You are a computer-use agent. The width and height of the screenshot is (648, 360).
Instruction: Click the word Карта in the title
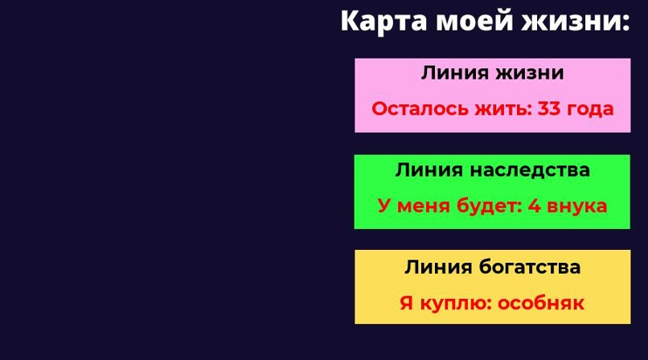[x=383, y=22]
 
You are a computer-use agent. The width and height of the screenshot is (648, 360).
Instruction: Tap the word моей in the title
[x=474, y=21]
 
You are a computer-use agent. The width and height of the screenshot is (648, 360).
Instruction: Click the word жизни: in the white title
[x=576, y=21]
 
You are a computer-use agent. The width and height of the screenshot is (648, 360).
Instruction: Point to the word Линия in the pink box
[x=455, y=73]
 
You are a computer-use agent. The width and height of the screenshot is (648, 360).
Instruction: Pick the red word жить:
[x=502, y=109]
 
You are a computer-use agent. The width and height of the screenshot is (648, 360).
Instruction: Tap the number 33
[x=549, y=109]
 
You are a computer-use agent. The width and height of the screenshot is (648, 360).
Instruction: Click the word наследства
[x=530, y=170]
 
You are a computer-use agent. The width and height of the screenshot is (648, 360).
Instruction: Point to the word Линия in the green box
[x=429, y=170]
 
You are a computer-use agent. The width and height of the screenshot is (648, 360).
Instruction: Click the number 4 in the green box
[x=535, y=206]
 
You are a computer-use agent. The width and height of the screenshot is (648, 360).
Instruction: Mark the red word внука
[x=577, y=207]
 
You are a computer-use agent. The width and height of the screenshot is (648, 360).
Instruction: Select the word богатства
[x=530, y=267]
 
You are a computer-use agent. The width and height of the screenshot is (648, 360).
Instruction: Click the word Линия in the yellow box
[x=438, y=267]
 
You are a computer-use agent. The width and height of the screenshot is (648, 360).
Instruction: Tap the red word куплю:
[x=455, y=304]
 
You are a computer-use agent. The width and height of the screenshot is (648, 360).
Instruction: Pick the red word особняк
[x=541, y=304]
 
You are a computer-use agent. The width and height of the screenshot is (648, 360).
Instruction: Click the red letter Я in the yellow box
[x=407, y=303]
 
